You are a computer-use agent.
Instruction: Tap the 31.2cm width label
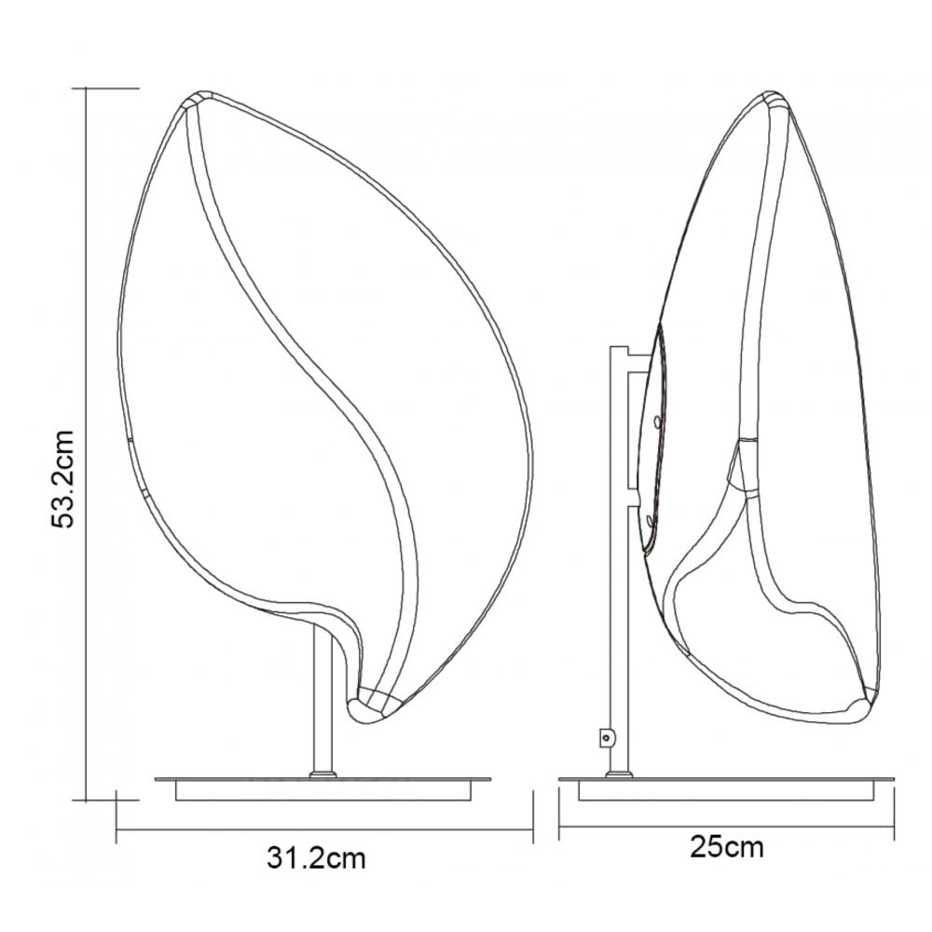point(316,858)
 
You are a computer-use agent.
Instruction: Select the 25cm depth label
point(726,846)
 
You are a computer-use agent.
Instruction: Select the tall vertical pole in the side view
point(619,558)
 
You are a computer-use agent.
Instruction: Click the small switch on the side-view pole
point(607,737)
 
